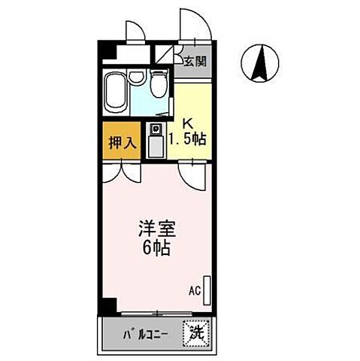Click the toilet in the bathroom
click(159, 85)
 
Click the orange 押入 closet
click(120, 141)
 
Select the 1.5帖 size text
click(188, 139)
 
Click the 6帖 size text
click(155, 247)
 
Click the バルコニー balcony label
click(146, 333)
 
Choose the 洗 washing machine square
click(197, 330)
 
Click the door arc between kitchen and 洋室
click(193, 174)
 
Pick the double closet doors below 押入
click(119, 171)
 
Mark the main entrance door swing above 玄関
click(192, 23)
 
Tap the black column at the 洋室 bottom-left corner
click(110, 306)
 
